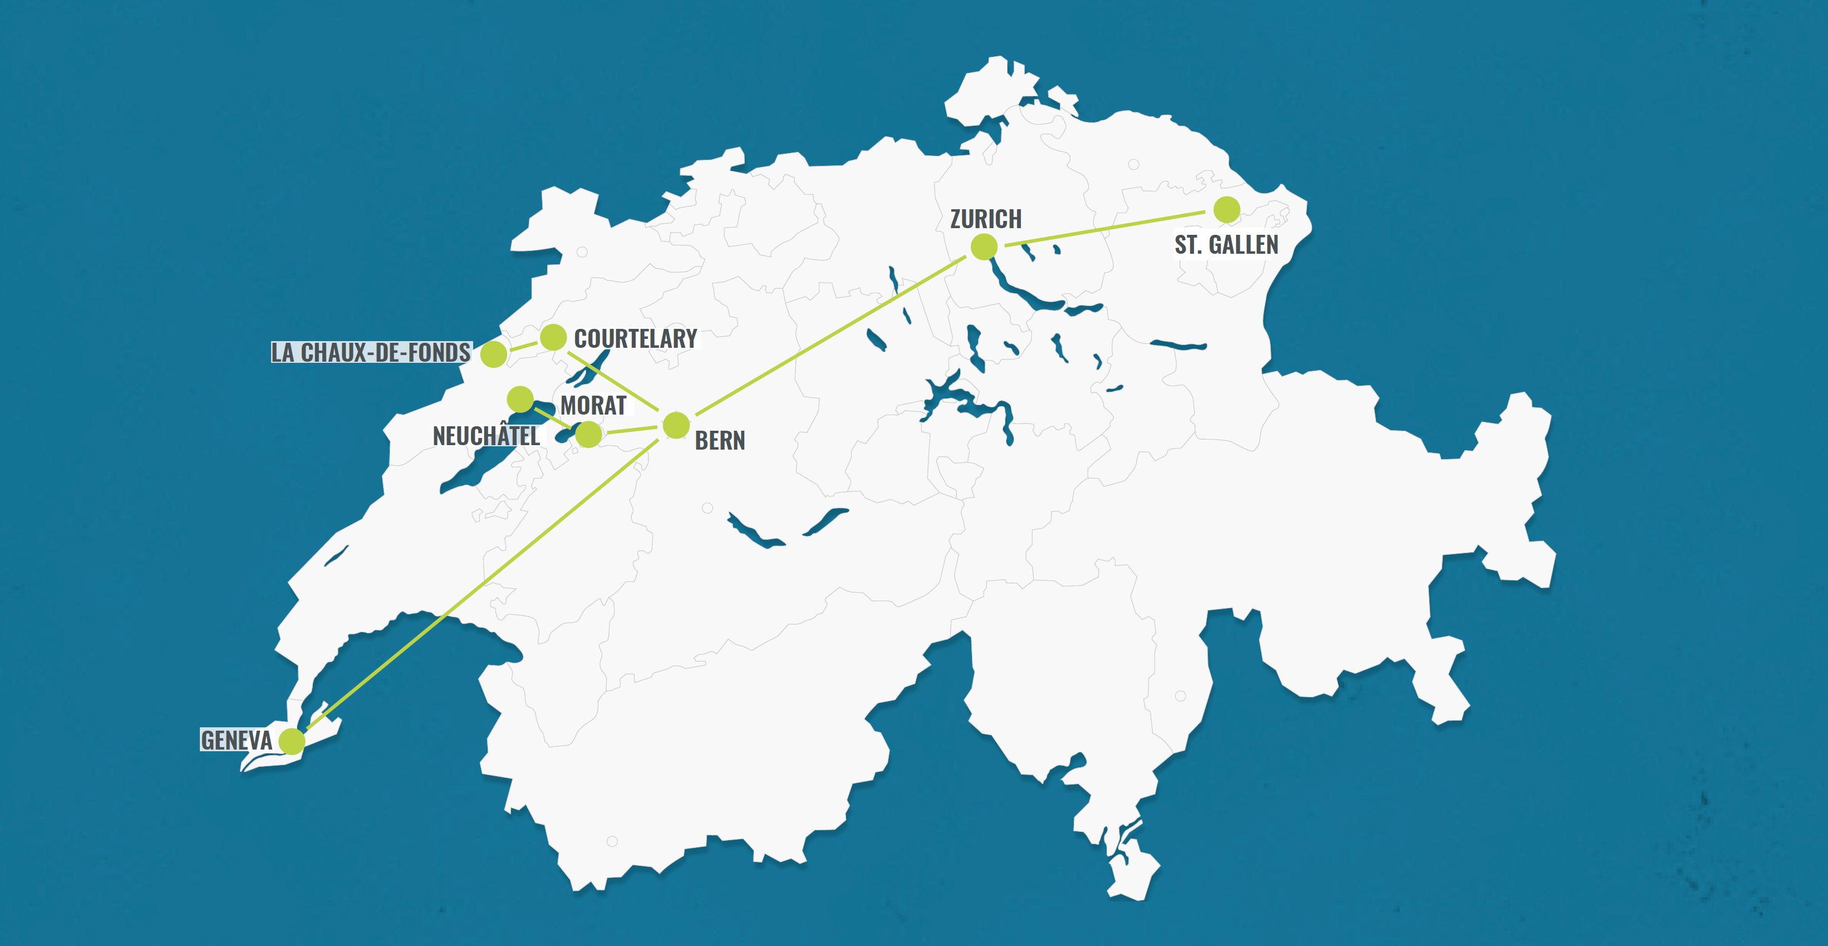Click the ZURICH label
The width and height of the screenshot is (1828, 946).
pyautogui.click(x=986, y=219)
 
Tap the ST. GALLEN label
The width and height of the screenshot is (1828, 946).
pyautogui.click(x=1226, y=245)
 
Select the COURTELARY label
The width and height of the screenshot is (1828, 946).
pyautogui.click(x=635, y=338)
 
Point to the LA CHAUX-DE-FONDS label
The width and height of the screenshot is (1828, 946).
pyautogui.click(x=370, y=353)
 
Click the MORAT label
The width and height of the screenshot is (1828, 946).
pyautogui.click(x=593, y=405)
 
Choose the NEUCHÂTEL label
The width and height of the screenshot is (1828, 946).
pyautogui.click(x=486, y=436)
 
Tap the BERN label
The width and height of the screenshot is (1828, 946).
pyautogui.click(x=720, y=441)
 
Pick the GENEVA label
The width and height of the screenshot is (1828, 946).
pyautogui.click(x=237, y=740)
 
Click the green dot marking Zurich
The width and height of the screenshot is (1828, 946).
pyautogui.click(x=984, y=247)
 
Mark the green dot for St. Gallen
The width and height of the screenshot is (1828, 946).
pyautogui.click(x=1226, y=210)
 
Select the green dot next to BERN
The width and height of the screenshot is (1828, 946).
pyautogui.click(x=676, y=426)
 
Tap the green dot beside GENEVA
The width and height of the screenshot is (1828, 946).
pyautogui.click(x=292, y=741)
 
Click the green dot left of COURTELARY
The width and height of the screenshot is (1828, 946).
pyautogui.click(x=553, y=337)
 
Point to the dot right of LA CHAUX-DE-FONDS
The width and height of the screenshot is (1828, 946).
pyautogui.click(x=494, y=353)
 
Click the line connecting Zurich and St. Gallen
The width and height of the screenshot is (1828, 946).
pyautogui.click(x=1105, y=229)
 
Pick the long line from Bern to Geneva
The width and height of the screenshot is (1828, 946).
pyautogui.click(x=483, y=583)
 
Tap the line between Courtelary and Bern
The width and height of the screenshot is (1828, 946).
pyautogui.click(x=615, y=382)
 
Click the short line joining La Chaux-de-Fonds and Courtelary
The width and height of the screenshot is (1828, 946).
pyautogui.click(x=524, y=346)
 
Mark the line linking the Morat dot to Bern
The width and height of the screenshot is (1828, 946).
pyautogui.click(x=632, y=430)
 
